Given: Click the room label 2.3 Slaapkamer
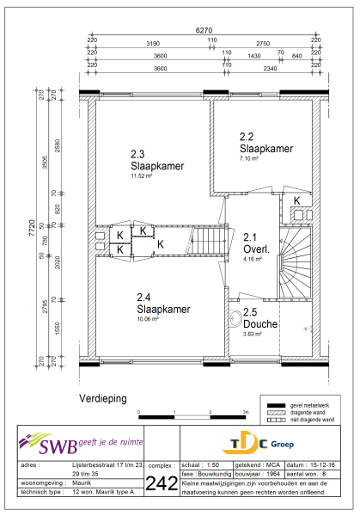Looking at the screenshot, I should [x=153, y=160].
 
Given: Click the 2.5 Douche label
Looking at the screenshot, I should [x=259, y=319].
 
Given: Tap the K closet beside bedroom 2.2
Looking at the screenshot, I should [x=297, y=200].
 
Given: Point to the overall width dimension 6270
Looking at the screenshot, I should [x=203, y=30].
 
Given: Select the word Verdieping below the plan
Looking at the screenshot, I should [x=103, y=399].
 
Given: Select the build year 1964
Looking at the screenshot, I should [x=279, y=472].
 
